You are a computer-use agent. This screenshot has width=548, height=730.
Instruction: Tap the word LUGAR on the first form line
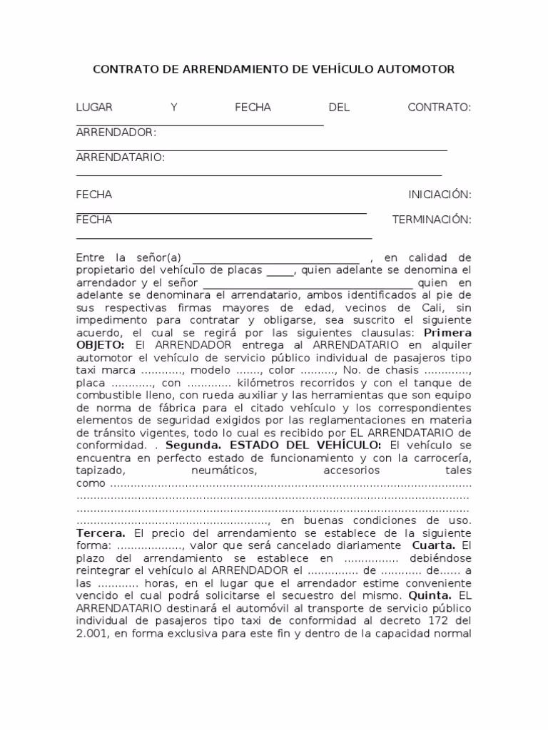pyautogui.click(x=94, y=108)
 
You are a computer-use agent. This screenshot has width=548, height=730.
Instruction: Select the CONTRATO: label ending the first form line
pyautogui.click(x=439, y=108)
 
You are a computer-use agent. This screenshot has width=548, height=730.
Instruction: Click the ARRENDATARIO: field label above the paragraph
pyautogui.click(x=120, y=158)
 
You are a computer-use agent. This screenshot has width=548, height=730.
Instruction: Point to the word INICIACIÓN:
pyautogui.click(x=440, y=195)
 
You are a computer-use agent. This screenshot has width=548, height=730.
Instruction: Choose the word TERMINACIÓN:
pyautogui.click(x=432, y=220)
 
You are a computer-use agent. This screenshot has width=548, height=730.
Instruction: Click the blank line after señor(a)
pyautogui.click(x=276, y=257)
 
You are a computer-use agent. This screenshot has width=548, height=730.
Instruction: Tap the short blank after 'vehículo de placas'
pyautogui.click(x=280, y=270)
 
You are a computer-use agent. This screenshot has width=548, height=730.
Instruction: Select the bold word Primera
pyautogui.click(x=447, y=333)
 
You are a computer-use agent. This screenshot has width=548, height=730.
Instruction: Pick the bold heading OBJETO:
pyautogui.click(x=101, y=346)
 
